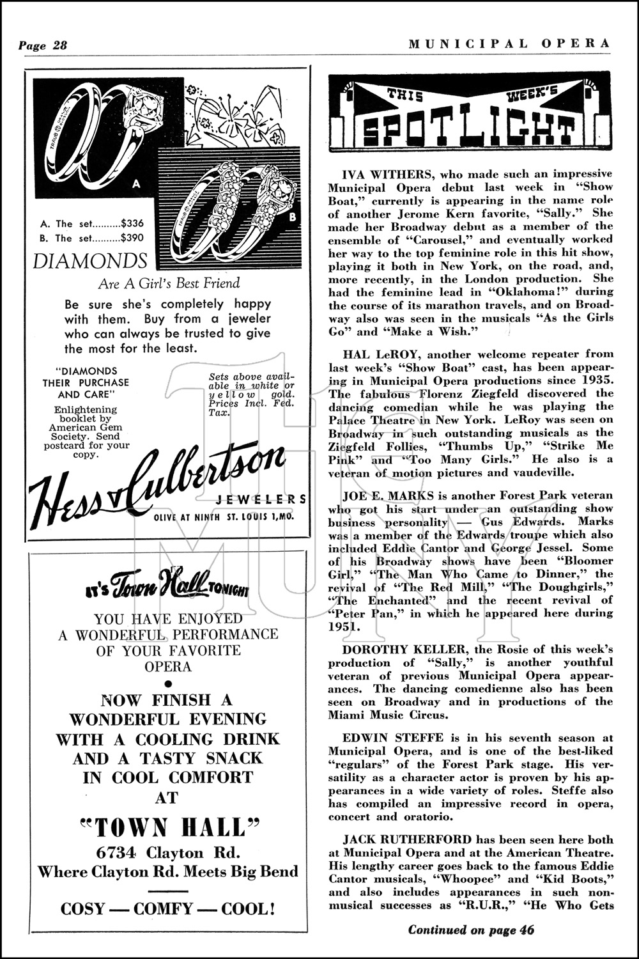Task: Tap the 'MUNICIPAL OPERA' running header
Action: [509, 43]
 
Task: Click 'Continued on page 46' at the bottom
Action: [471, 930]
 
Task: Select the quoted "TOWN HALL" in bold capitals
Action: [168, 828]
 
